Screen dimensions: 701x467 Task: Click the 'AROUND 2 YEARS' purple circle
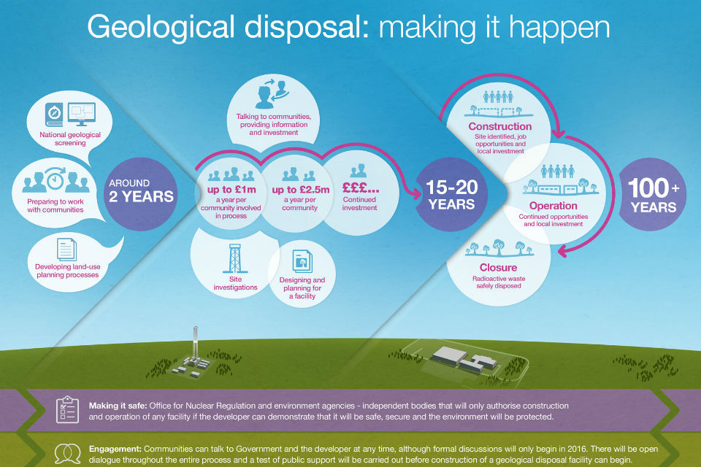(x=140, y=194)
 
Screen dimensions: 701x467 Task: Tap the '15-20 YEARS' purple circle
(x=451, y=194)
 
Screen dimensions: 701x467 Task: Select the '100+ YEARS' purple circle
(x=653, y=194)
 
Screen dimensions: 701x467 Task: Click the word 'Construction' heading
(x=499, y=126)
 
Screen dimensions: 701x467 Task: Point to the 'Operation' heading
(x=553, y=206)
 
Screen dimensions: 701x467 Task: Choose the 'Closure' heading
(x=498, y=267)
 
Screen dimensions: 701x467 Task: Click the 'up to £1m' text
(x=231, y=190)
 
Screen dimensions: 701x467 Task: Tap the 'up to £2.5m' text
(x=300, y=190)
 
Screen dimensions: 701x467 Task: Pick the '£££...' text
(x=360, y=187)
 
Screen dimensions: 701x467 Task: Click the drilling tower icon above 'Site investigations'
(x=234, y=258)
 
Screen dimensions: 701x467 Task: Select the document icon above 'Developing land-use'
(x=66, y=250)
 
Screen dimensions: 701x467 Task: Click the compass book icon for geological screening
(x=54, y=115)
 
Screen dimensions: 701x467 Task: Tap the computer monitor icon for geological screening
(x=81, y=114)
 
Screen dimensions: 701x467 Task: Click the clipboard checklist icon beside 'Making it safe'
(x=67, y=409)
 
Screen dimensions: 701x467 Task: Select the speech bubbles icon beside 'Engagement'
(x=67, y=454)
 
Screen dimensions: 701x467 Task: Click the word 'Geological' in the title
(x=161, y=28)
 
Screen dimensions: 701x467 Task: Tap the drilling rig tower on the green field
(x=195, y=346)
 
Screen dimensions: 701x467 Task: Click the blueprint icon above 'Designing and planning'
(x=302, y=261)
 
